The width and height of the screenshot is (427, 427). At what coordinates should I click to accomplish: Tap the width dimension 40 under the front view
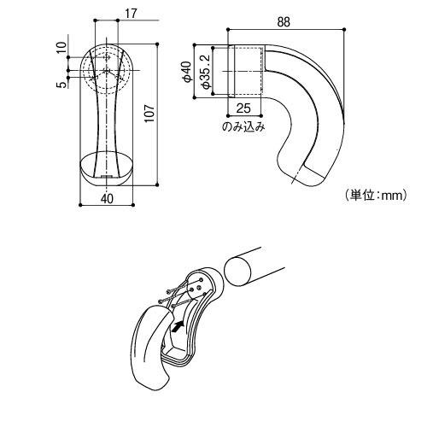point(106,198)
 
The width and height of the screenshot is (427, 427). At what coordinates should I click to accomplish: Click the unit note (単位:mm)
point(374,196)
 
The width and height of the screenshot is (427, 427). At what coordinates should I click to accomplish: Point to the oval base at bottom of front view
point(106,167)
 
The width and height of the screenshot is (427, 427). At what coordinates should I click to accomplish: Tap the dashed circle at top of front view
point(106,66)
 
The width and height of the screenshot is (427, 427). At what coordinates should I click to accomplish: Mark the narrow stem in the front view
point(106,120)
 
